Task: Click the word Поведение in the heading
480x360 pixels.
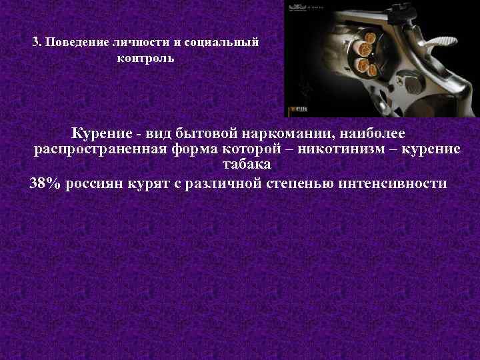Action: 71,41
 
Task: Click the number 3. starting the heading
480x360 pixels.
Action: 37,41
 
